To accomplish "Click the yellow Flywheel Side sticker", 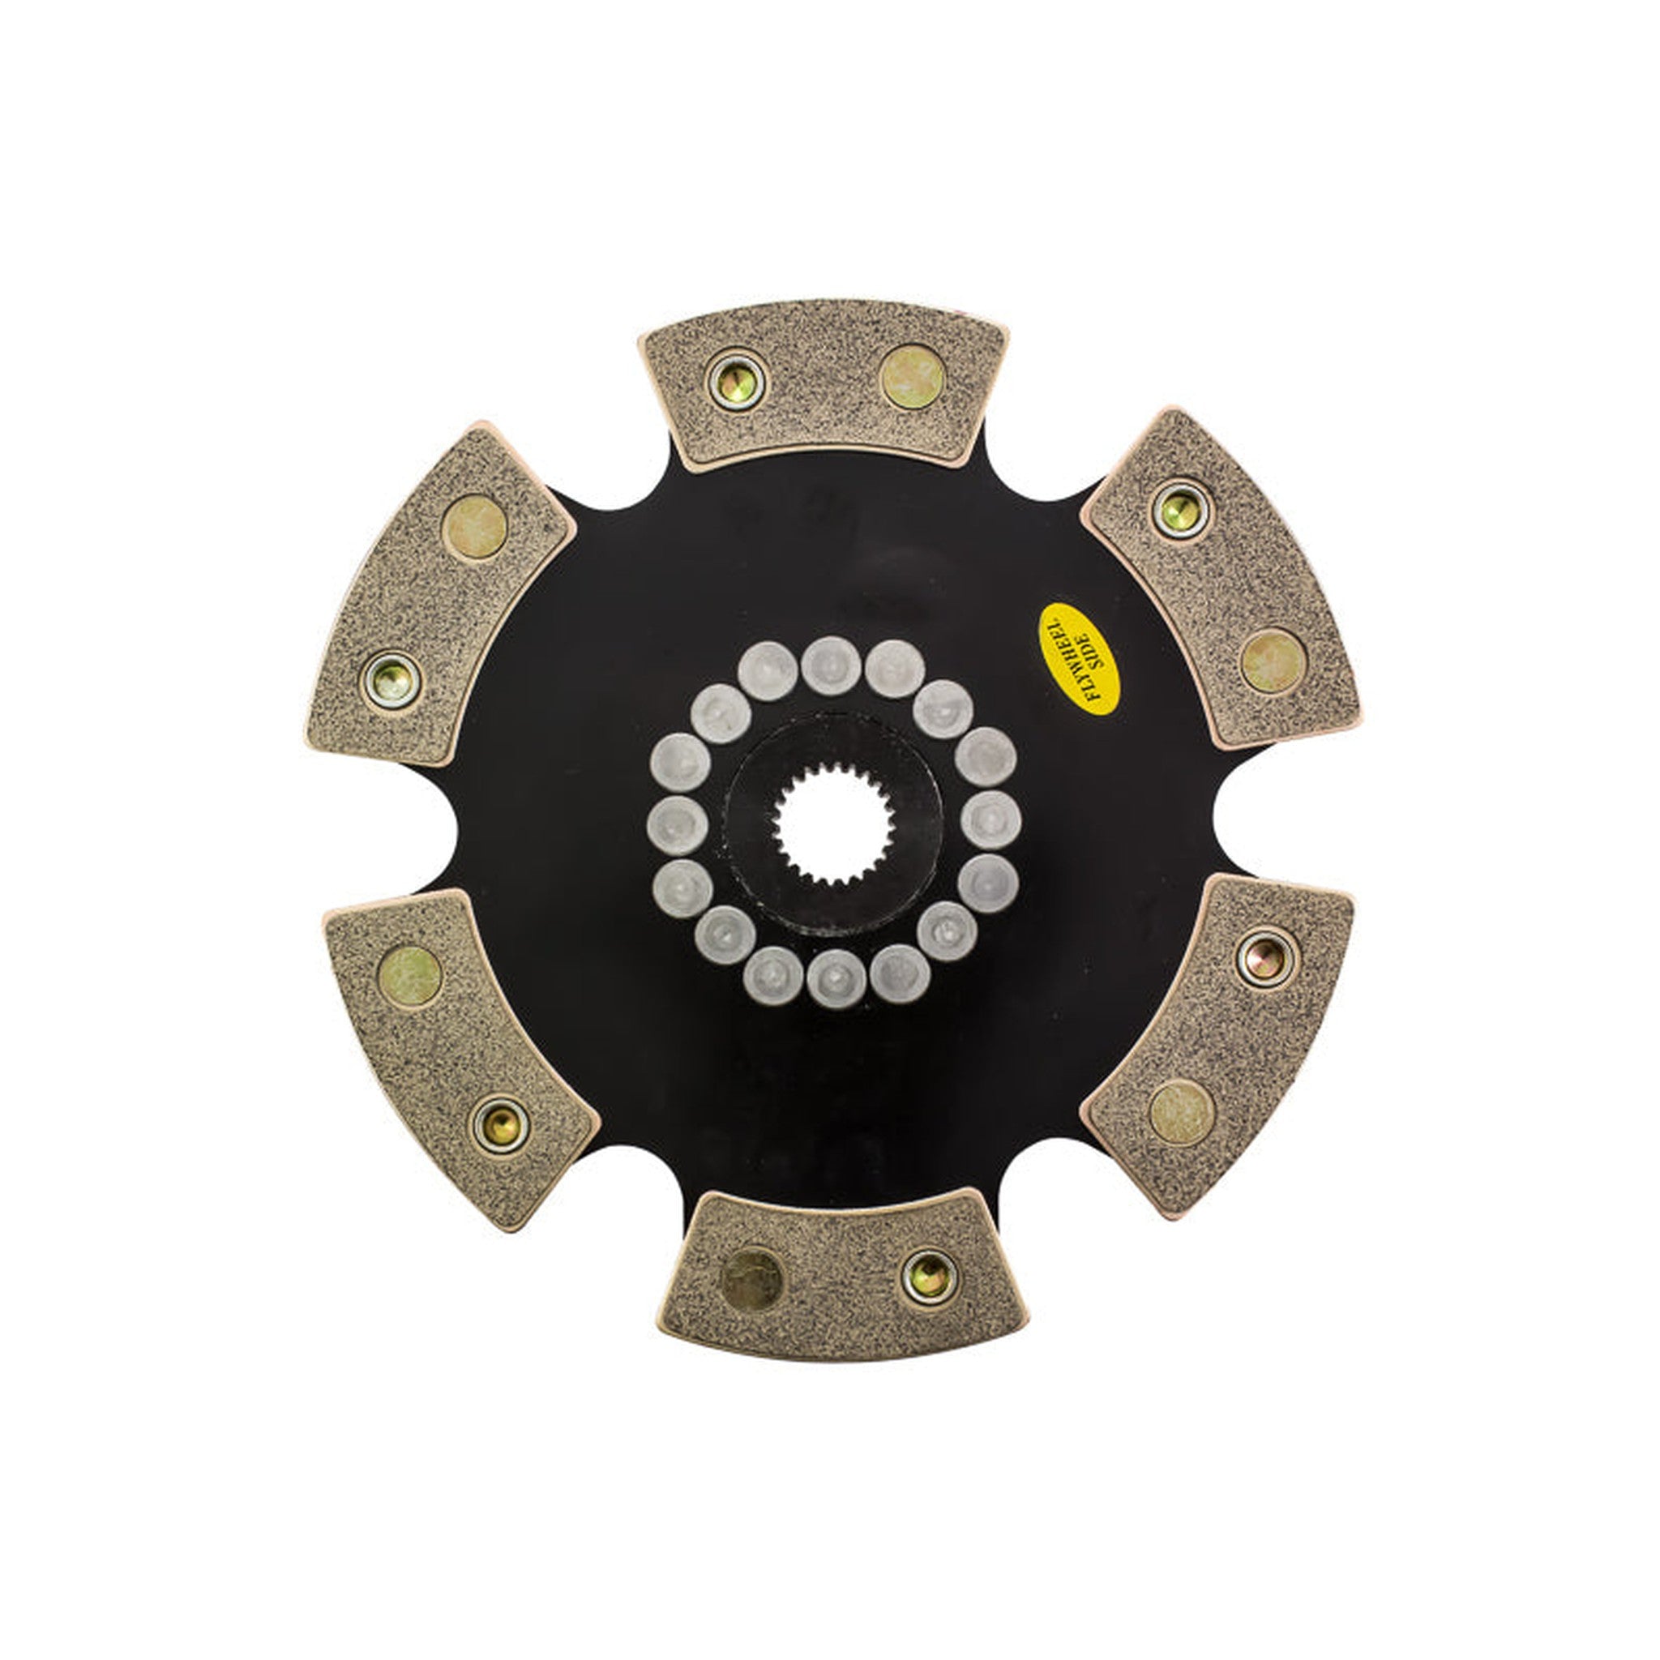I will pyautogui.click(x=1078, y=659).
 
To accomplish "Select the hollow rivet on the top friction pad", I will pyautogui.click(x=736, y=381).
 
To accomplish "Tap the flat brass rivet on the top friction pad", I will pyautogui.click(x=913, y=376).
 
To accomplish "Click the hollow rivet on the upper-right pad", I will pyautogui.click(x=1179, y=510).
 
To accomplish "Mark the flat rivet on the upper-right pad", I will pyautogui.click(x=1273, y=661).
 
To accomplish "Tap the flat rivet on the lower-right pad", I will pyautogui.click(x=1182, y=1112).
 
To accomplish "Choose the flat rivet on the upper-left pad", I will pyautogui.click(x=474, y=527).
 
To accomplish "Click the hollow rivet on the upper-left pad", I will pyautogui.click(x=391, y=682).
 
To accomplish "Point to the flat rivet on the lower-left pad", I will pyautogui.click(x=410, y=976).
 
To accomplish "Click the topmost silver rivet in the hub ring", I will pyautogui.click(x=831, y=666).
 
